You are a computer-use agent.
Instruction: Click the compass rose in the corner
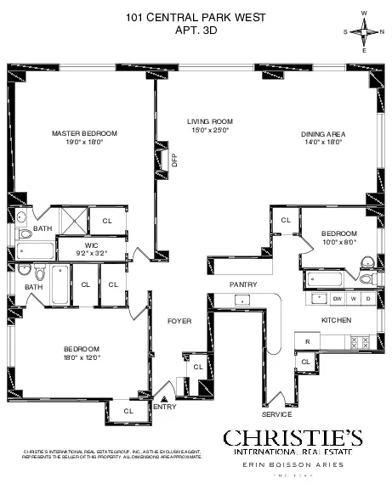[x=366, y=32]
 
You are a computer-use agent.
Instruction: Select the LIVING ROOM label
[x=210, y=121]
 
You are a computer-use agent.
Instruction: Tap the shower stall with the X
[x=75, y=219]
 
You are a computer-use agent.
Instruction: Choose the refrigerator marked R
[x=306, y=342]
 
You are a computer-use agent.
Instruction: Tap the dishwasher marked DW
[x=338, y=299]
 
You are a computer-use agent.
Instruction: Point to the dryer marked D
[x=367, y=299]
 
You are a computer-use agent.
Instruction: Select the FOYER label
[x=178, y=322]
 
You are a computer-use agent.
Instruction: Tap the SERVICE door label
[x=277, y=414]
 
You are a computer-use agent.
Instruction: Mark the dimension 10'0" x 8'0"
[x=338, y=241]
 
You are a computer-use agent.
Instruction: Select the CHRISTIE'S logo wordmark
[x=293, y=438]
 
